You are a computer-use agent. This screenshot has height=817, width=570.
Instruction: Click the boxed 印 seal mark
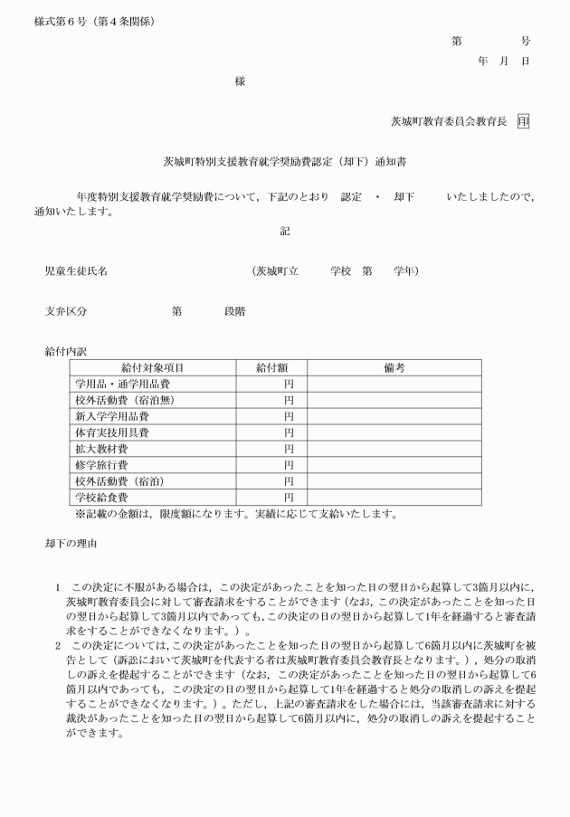523,120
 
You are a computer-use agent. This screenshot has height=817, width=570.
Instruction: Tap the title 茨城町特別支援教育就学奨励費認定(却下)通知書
284,162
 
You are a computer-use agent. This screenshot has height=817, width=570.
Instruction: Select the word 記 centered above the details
285,232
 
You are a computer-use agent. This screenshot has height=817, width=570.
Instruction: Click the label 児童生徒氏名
76,271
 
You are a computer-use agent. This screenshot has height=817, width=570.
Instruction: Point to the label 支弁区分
65,311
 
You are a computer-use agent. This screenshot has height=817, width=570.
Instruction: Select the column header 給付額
271,368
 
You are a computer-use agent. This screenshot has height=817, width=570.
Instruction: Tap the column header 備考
394,368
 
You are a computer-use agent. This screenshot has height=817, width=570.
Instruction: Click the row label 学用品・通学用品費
122,385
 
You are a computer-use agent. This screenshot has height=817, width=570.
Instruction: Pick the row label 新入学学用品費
113,417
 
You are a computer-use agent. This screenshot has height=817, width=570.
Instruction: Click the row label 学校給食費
102,498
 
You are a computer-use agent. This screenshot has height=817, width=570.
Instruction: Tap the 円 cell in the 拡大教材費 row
289,449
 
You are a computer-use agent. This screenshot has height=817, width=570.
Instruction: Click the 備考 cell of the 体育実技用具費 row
394,433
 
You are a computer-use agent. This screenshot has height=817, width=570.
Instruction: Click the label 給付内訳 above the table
65,351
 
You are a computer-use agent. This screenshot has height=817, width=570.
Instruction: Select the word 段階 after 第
234,311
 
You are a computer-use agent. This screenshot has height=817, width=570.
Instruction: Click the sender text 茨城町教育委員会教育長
449,120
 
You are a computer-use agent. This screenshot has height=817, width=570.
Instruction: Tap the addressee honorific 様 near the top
240,81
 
